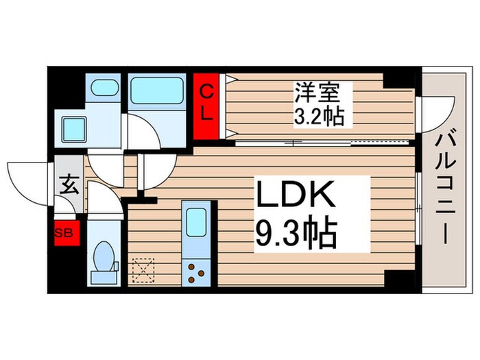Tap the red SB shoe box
(67, 232)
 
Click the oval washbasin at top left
(104, 88)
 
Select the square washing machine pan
(74, 129)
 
